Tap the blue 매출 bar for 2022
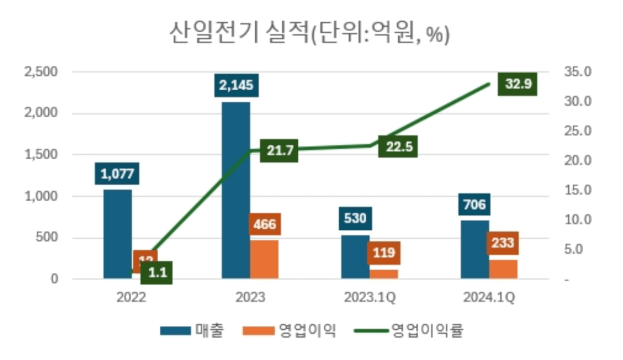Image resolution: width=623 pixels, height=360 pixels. [x=117, y=234]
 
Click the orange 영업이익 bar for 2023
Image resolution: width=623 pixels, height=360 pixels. [x=264, y=259]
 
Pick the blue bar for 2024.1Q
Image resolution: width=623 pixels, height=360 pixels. [x=475, y=250]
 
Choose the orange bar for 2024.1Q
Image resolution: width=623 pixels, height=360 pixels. [x=503, y=269]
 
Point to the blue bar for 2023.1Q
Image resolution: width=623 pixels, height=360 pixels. [x=355, y=257]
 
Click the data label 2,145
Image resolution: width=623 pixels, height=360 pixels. [x=236, y=85]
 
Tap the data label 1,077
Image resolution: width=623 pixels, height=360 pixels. [x=117, y=173]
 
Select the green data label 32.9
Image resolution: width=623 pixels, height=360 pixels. [x=518, y=84]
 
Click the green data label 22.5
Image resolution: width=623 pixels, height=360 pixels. [x=398, y=147]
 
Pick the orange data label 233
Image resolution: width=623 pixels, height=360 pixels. [x=503, y=242]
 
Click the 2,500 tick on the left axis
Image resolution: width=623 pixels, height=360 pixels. [x=41, y=72]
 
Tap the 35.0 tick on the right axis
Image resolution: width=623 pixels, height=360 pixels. [x=577, y=72]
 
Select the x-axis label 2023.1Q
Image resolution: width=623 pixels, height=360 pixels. [x=369, y=299]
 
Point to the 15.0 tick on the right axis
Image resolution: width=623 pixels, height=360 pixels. [x=577, y=190]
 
